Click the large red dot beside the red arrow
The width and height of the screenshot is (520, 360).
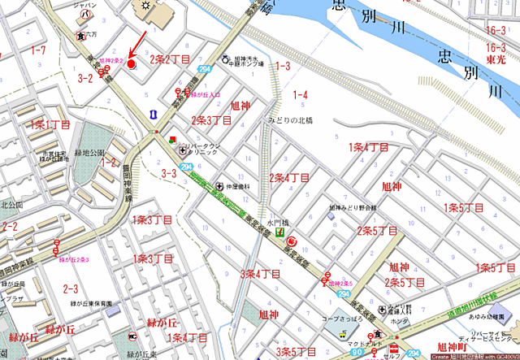point(132,62)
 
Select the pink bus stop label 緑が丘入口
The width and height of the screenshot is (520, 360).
point(206,95)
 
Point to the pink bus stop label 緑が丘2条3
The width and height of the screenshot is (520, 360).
point(73,260)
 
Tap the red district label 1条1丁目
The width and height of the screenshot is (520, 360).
point(50,125)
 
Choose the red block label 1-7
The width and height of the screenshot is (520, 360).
point(37,50)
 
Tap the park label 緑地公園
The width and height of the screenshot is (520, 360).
point(91,152)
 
